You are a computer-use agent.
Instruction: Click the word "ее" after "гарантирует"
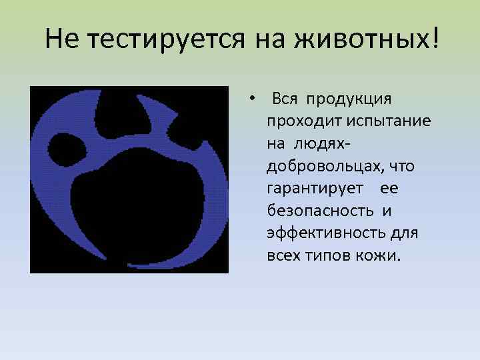(x=389, y=189)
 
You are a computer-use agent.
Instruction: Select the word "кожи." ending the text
(x=381, y=257)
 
